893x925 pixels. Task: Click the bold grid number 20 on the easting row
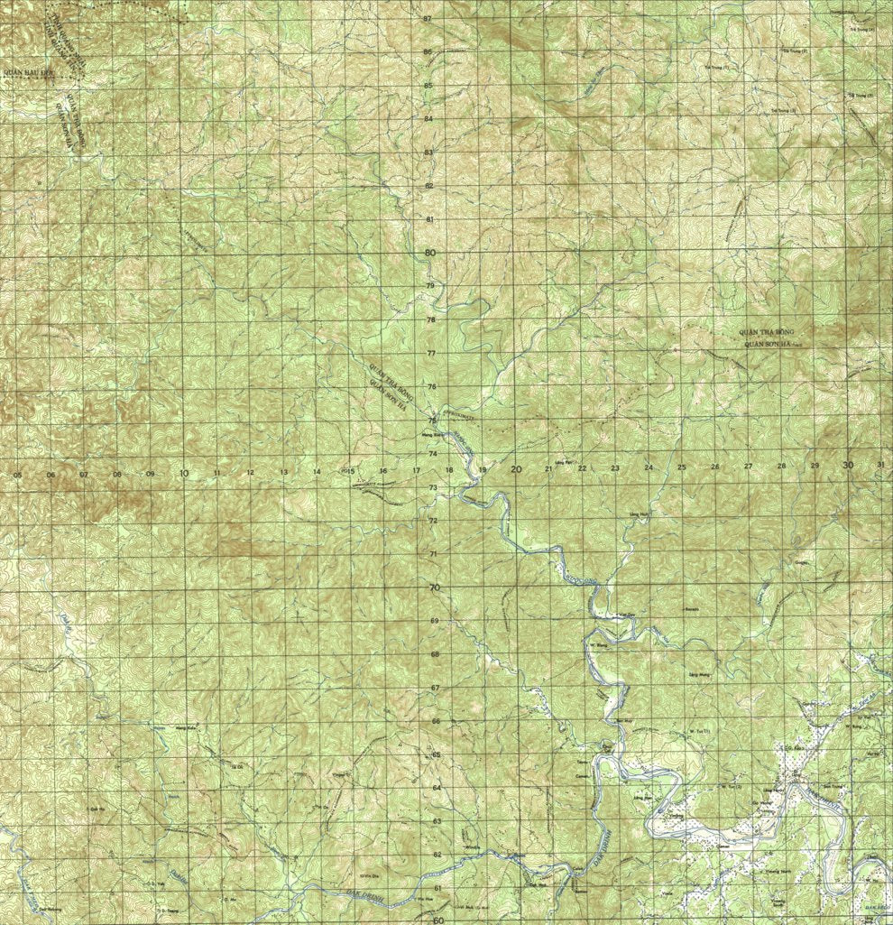point(516,468)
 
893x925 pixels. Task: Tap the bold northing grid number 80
point(430,253)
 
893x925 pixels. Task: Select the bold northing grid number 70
point(434,587)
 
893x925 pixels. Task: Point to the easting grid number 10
point(183,473)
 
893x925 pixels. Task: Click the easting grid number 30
point(847,465)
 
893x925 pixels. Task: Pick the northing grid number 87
point(428,18)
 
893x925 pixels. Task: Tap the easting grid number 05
point(17,474)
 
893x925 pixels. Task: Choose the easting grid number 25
point(682,467)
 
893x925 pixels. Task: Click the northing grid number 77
point(431,353)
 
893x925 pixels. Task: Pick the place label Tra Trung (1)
point(715,67)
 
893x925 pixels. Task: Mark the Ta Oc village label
point(239,765)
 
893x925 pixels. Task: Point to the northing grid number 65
point(436,754)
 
